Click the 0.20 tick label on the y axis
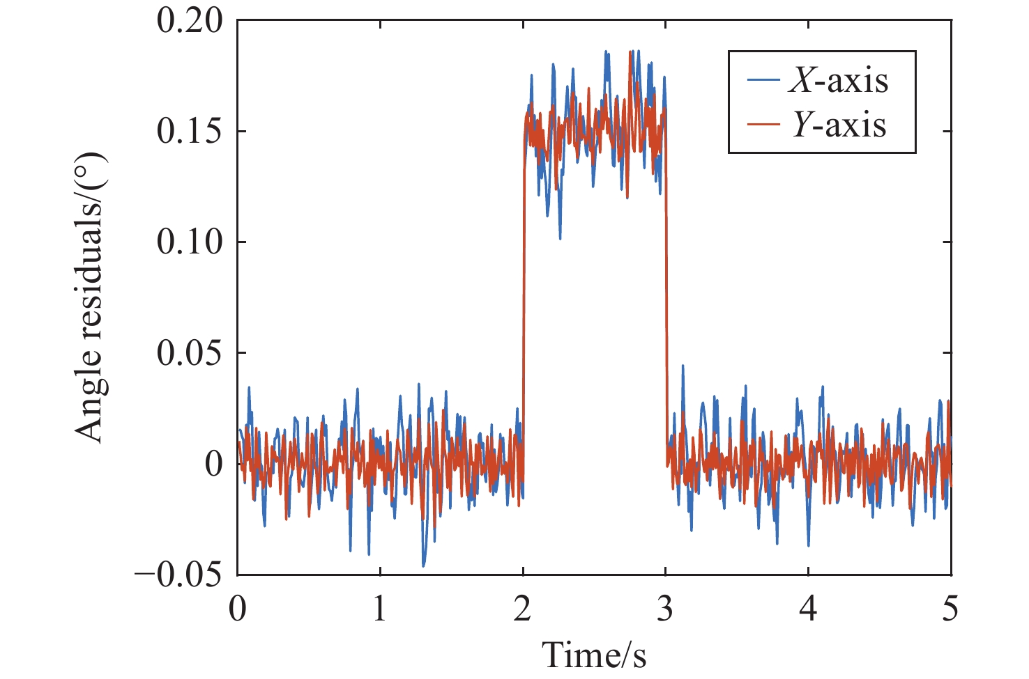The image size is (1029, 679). click(190, 22)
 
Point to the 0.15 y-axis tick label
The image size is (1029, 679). click(190, 132)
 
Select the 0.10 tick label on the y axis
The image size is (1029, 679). click(190, 242)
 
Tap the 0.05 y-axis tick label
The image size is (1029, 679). click(190, 353)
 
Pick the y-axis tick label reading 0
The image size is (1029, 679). click(213, 464)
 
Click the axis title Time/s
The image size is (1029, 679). click(594, 655)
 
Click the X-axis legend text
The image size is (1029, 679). click(839, 81)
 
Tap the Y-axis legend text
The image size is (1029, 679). click(839, 125)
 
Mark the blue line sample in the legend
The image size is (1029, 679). click(763, 81)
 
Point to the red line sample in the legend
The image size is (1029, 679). click(763, 125)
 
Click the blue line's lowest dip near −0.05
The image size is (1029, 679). click(422, 565)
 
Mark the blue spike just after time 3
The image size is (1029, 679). click(683, 366)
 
